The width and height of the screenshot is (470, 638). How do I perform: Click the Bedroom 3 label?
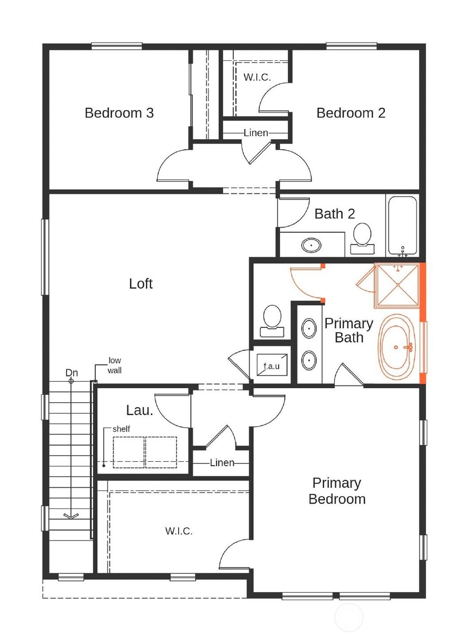point(119,113)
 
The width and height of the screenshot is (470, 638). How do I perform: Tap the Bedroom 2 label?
point(351,113)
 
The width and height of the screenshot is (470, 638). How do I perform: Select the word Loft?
point(141,284)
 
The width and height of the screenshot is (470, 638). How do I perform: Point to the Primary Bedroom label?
point(337,491)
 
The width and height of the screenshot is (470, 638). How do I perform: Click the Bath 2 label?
point(334,214)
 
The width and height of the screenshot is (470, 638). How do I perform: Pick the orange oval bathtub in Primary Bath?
point(397,347)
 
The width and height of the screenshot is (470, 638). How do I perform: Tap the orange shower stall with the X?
point(397,284)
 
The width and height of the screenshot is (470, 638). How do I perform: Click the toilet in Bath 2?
point(362,237)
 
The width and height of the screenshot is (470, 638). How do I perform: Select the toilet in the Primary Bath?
point(272,320)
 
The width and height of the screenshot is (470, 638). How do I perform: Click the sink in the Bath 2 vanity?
point(311,245)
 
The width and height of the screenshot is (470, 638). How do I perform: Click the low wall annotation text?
point(114,366)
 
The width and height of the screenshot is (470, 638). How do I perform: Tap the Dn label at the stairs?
point(71,373)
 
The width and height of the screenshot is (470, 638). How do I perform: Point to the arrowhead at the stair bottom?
point(71,516)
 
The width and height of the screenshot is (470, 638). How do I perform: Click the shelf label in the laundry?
point(121,429)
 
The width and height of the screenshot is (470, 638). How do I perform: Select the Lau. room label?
point(139,410)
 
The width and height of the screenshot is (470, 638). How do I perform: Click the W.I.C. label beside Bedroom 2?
point(257,78)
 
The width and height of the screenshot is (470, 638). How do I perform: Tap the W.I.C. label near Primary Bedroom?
point(179,531)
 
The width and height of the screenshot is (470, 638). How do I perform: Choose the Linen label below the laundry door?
point(222,463)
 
